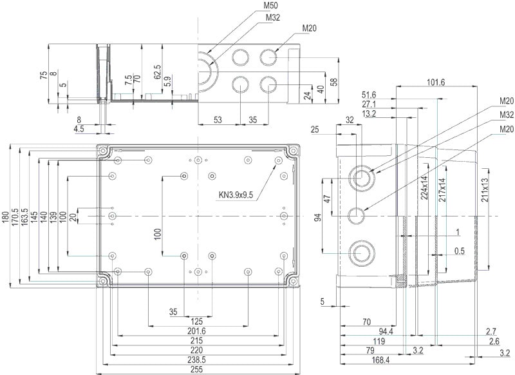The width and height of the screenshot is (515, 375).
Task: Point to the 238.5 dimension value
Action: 197,360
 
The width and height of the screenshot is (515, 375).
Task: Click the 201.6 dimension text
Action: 197,331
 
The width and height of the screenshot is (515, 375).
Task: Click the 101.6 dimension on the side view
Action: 435,81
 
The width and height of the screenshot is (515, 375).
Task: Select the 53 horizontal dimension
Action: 218,120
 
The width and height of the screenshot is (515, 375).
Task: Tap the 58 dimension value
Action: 334,81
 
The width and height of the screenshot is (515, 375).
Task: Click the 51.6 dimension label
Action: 369,94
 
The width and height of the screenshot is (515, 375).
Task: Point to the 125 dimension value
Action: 197,321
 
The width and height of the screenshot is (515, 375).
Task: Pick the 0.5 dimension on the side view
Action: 458,251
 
